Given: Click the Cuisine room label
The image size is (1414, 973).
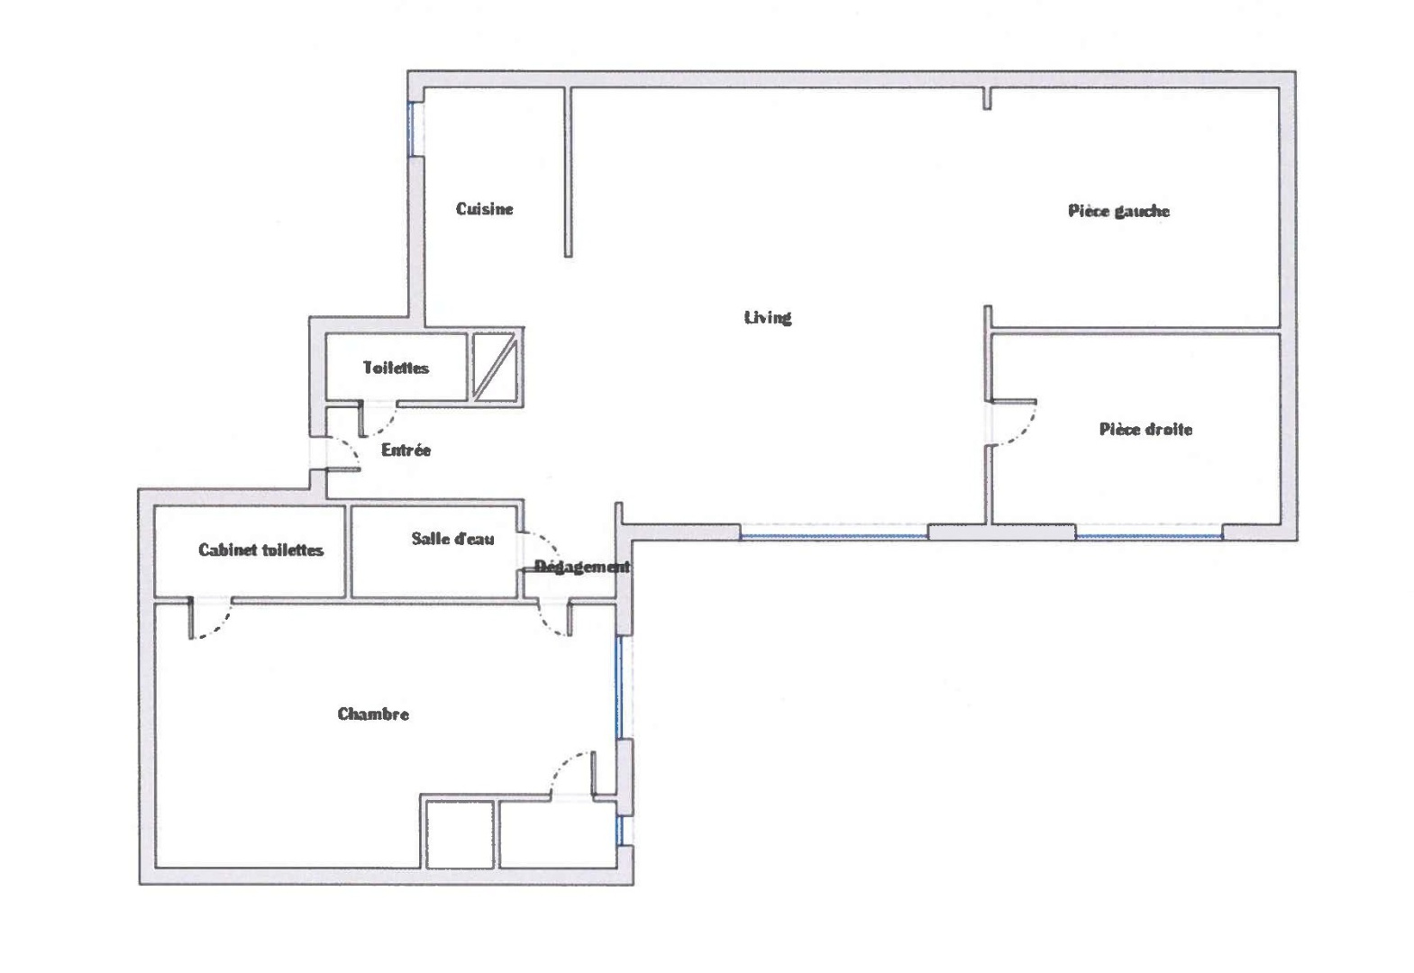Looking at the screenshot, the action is click(484, 209).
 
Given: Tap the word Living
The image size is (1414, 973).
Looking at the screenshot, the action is click(768, 317).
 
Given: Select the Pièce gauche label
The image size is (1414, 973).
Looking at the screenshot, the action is click(1118, 211).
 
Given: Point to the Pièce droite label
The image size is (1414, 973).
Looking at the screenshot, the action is click(1145, 429).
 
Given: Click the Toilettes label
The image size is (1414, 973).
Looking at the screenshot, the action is click(396, 368).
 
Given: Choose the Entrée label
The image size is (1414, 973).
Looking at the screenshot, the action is click(406, 450).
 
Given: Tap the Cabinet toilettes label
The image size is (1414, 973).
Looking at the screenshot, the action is click(260, 550).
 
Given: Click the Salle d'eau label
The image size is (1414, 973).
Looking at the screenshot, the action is click(452, 539).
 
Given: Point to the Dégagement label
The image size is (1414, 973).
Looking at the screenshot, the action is click(582, 566).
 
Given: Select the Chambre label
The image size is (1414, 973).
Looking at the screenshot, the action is click(373, 714).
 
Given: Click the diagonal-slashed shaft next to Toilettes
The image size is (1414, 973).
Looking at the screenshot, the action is click(495, 367).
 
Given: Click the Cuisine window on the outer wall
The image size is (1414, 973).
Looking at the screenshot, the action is click(411, 130).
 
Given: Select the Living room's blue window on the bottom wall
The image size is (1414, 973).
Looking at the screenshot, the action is click(834, 536).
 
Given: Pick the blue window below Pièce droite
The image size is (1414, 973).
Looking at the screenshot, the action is click(1149, 536).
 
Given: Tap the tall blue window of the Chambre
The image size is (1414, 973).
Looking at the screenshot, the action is click(619, 687).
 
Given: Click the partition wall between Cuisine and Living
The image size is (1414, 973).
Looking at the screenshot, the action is click(568, 172).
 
